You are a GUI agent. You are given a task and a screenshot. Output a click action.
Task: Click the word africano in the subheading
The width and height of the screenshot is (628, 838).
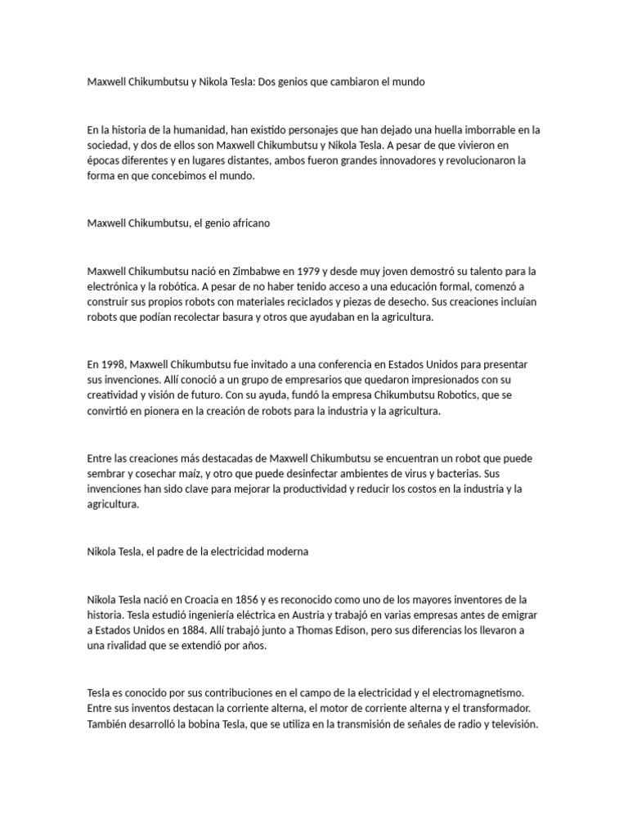247,223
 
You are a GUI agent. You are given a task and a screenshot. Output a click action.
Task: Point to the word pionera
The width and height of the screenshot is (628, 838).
167,411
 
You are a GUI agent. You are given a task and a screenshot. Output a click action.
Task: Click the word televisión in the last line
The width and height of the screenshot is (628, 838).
511,724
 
